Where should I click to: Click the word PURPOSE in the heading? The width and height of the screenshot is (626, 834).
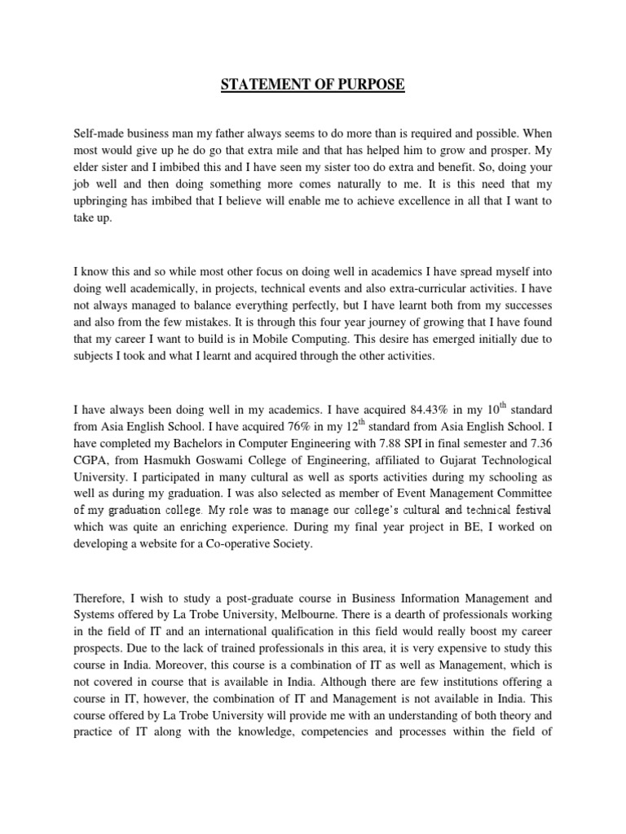364,84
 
